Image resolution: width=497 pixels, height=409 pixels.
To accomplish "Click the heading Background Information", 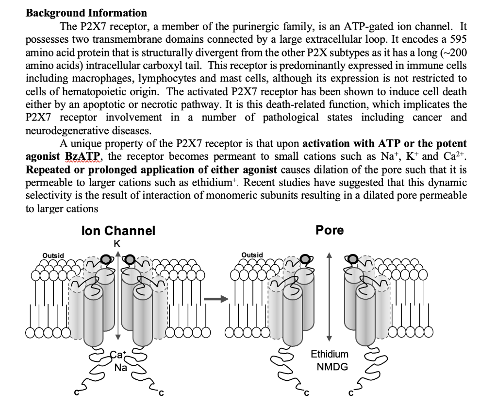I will (x=86, y=13).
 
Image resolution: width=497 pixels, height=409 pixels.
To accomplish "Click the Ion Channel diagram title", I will (x=118, y=231).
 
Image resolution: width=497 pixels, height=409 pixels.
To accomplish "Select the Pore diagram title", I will (x=330, y=230).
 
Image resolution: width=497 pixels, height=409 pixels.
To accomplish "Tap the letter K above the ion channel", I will (x=117, y=244).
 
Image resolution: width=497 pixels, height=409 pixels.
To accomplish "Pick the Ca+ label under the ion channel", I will (x=117, y=356).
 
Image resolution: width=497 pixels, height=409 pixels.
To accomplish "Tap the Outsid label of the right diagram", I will (x=252, y=255).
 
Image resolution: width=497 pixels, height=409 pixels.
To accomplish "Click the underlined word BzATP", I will (x=83, y=156).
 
